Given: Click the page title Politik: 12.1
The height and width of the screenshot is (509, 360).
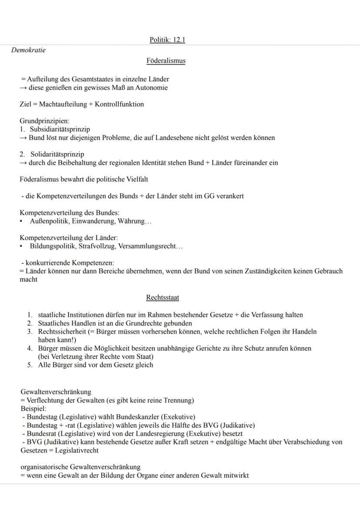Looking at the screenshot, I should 167,40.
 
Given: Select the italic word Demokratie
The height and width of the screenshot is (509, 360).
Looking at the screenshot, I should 28,50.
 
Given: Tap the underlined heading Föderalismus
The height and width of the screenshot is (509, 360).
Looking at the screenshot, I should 166,61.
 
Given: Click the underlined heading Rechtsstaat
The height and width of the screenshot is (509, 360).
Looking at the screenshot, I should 163,298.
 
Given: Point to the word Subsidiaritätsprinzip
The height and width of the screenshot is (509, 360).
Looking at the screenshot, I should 60,130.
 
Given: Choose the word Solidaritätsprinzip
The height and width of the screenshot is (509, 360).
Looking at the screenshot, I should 57,154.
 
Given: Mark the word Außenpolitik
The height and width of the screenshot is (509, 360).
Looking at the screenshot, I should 48,221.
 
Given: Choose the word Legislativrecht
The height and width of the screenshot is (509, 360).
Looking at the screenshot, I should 77,450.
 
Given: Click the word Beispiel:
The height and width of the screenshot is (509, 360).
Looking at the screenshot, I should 33,409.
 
